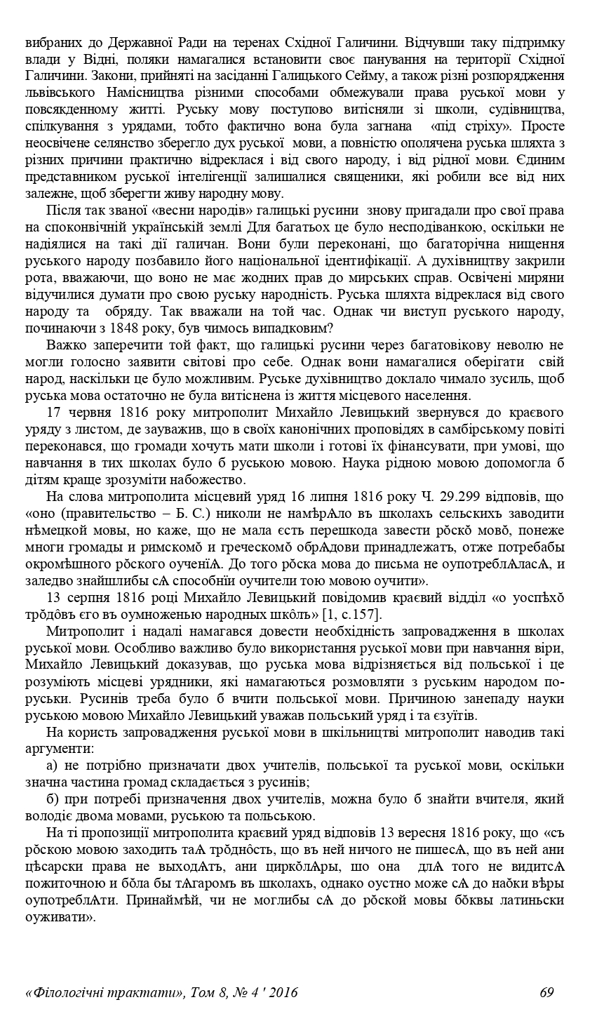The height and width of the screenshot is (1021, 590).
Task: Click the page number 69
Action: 547,992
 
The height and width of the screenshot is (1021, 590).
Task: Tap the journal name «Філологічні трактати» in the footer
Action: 105,992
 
